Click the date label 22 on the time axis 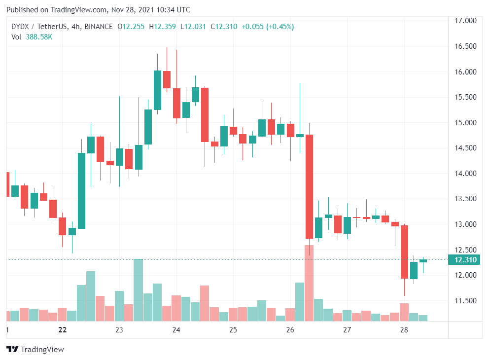point(62,330)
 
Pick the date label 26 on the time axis point(290,330)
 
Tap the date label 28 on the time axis point(404,330)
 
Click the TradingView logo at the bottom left point(35,350)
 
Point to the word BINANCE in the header point(98,27)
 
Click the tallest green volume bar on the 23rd point(139,290)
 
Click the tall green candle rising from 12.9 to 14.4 point(81,191)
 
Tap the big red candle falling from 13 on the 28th point(404,252)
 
